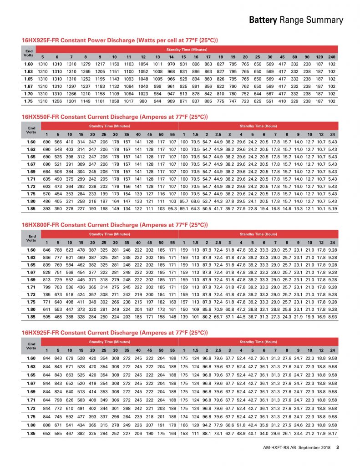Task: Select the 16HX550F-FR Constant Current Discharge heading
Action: [115, 117]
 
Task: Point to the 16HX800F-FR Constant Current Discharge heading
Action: [115, 225]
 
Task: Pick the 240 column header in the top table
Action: [331, 57]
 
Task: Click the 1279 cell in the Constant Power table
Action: [85, 64]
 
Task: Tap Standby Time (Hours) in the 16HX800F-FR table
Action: [258, 234]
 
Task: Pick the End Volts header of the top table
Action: [29, 53]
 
